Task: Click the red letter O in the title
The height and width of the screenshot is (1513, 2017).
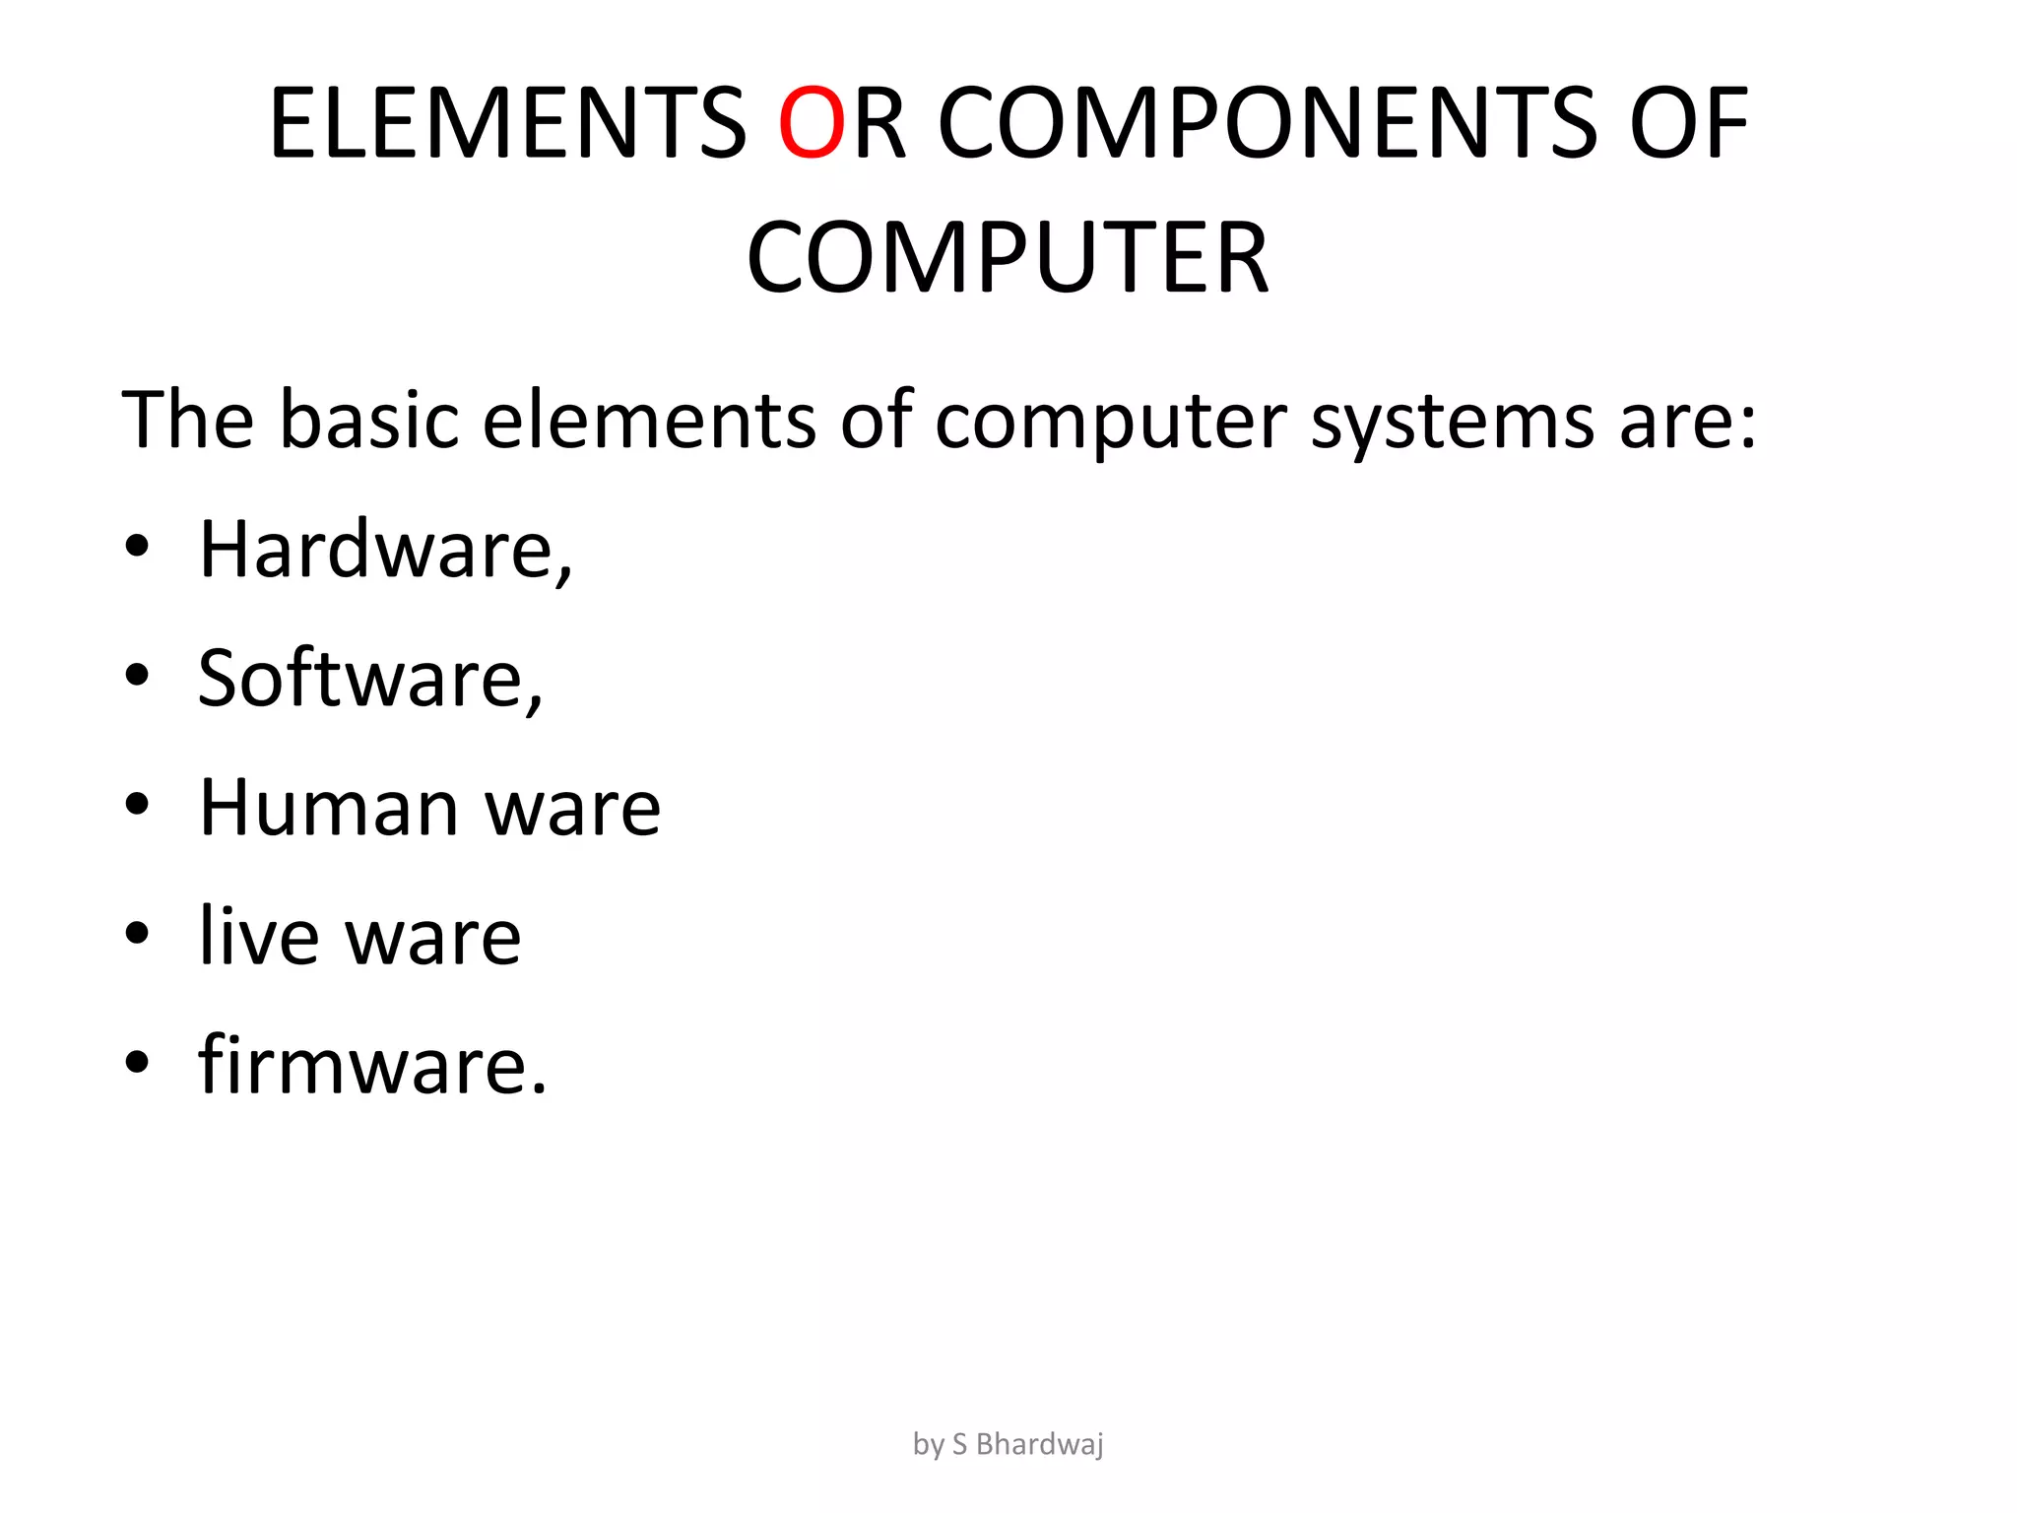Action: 812,123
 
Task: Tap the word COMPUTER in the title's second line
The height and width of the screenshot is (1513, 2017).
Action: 1008,258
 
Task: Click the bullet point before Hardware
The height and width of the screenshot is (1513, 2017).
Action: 137,547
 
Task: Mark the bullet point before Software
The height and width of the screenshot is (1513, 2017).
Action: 137,676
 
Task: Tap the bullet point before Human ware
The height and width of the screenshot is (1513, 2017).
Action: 137,805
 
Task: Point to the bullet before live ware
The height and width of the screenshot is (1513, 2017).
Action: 137,934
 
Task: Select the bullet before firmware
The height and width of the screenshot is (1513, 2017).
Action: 137,1063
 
